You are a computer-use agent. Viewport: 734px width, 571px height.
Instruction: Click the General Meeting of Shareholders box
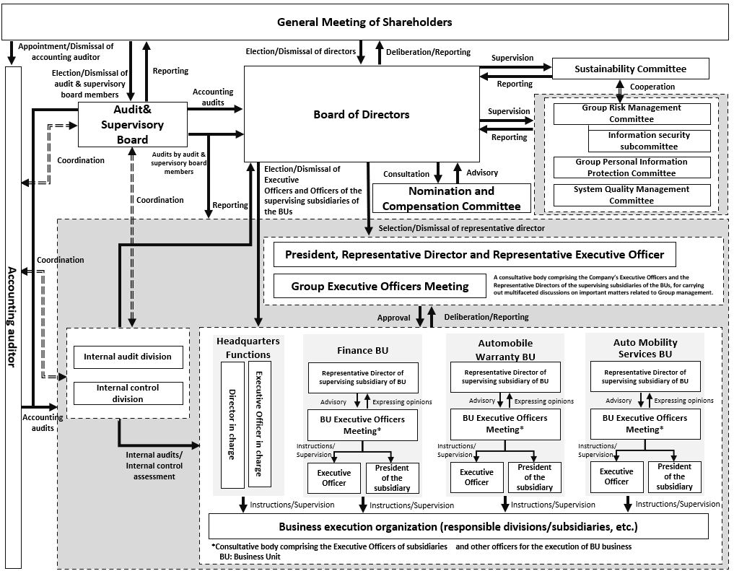[364, 22]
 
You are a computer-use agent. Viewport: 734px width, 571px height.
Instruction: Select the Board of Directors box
[362, 114]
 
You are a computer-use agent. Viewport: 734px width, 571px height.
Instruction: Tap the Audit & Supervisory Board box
[132, 124]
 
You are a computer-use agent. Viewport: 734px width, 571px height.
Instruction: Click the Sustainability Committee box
[630, 69]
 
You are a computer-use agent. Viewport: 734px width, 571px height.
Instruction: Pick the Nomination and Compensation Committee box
[451, 199]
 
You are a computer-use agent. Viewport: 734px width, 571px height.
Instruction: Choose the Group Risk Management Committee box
[632, 113]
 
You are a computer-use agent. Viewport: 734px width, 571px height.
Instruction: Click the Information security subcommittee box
[649, 141]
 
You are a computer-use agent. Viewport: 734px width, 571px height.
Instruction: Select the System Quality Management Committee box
[632, 195]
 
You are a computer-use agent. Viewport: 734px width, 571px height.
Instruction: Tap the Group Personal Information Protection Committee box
[632, 167]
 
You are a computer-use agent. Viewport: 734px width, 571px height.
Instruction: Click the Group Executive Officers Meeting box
[380, 286]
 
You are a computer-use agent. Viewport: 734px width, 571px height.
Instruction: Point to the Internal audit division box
[128, 357]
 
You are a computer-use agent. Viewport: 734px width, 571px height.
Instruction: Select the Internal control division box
[128, 393]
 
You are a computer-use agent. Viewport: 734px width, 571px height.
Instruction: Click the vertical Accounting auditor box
[12, 318]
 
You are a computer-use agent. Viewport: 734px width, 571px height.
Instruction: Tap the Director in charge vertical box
[232, 424]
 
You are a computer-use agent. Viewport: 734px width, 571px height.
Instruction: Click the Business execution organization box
[458, 526]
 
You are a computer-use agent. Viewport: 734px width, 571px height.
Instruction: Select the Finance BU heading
[363, 350]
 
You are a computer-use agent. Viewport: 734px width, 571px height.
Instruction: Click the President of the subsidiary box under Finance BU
[392, 478]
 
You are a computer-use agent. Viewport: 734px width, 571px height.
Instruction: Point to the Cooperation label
[652, 87]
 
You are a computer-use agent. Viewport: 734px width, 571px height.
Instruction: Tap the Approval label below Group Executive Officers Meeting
[394, 317]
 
